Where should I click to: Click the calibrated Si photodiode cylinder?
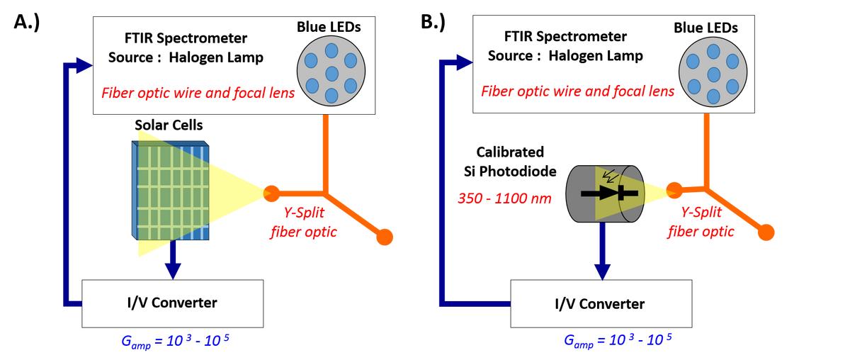click(x=603, y=193)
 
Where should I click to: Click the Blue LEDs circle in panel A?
click(x=330, y=73)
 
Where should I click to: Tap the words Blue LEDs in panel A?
click(x=328, y=28)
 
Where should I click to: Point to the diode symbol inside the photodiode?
click(x=611, y=193)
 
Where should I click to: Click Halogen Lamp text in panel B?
click(x=606, y=55)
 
